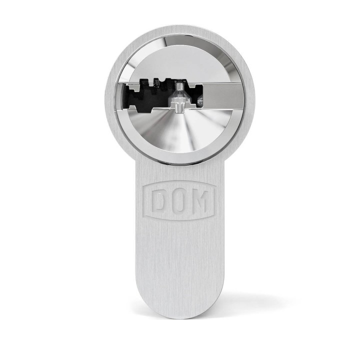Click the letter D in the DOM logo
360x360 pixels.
(159, 200)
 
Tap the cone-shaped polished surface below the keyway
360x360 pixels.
(180, 132)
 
